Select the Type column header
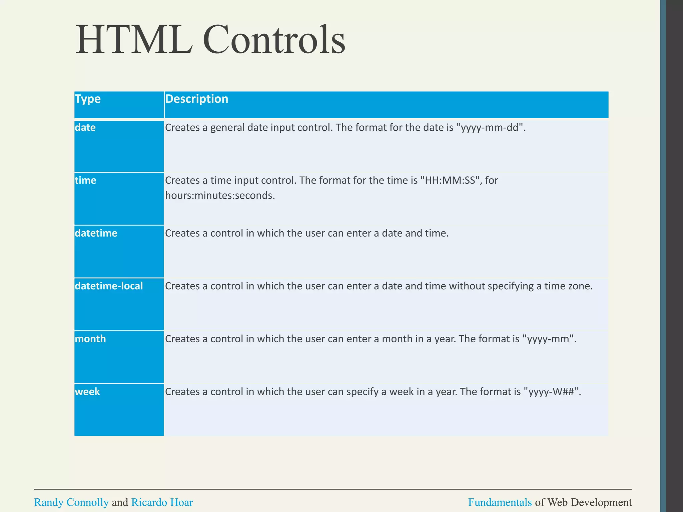click(x=87, y=99)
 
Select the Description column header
click(x=196, y=99)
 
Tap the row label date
click(x=85, y=127)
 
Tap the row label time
click(x=85, y=180)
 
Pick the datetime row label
click(x=96, y=233)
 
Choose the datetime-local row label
click(x=109, y=286)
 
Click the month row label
click(x=90, y=339)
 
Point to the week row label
click(x=87, y=392)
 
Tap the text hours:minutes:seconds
click(x=219, y=195)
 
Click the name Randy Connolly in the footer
click(x=71, y=502)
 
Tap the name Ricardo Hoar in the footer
click(x=162, y=502)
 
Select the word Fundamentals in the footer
click(x=500, y=502)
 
